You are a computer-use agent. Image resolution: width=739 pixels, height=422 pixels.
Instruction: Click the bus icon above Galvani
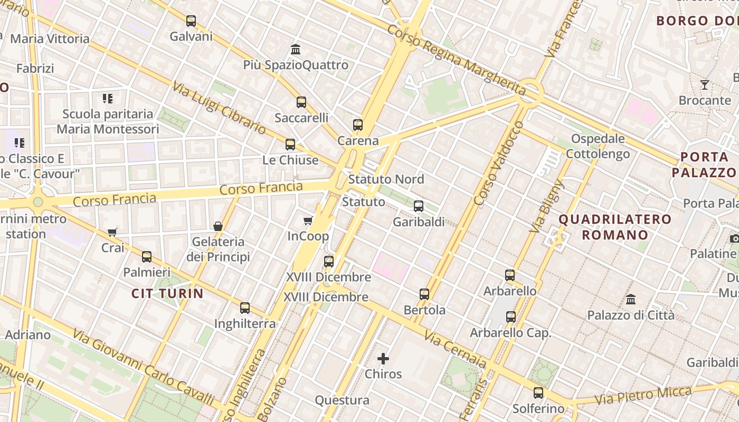[191, 21]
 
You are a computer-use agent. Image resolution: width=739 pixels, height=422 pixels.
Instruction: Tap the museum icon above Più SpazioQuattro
[296, 50]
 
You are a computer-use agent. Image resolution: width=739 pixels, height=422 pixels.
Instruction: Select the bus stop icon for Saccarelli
[301, 102]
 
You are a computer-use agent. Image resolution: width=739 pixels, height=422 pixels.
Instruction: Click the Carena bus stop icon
[358, 125]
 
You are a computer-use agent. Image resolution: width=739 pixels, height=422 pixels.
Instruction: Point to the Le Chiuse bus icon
[290, 145]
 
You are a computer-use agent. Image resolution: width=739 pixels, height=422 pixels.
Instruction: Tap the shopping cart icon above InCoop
[308, 220]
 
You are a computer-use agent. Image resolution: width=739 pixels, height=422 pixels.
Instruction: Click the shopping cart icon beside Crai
[112, 232]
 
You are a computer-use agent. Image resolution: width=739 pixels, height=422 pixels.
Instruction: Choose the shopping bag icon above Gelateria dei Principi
[217, 226]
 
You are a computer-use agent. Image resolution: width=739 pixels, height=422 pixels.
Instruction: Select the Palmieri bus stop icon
[147, 257]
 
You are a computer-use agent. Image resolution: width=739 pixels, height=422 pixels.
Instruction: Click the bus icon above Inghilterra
[245, 308]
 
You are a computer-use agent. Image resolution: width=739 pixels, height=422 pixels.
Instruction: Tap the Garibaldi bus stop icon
[419, 206]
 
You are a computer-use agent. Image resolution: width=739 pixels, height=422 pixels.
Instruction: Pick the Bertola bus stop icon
[424, 294]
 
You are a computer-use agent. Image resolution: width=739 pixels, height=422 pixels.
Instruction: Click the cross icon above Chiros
[383, 359]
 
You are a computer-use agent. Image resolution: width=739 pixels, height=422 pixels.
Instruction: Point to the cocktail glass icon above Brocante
[705, 85]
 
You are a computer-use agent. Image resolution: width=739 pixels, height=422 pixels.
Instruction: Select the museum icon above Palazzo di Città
[631, 300]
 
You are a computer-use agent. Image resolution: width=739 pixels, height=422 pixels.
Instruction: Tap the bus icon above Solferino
[538, 393]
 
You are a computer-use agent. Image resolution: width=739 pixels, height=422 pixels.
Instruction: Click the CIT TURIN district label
[167, 294]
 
